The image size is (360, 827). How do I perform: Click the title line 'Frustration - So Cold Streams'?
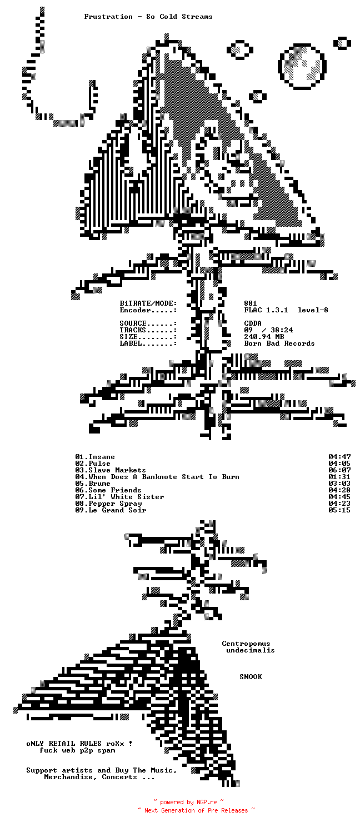click(x=148, y=17)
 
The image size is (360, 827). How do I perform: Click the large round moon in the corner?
click(x=302, y=66)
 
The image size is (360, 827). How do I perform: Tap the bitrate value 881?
click(x=251, y=303)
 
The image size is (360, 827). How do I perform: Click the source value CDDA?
click(x=253, y=323)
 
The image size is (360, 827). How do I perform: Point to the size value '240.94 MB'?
click(x=264, y=337)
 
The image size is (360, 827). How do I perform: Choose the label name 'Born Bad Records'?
click(x=279, y=343)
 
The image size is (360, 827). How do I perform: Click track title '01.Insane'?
click(x=95, y=457)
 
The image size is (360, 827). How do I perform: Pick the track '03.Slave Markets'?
click(x=111, y=470)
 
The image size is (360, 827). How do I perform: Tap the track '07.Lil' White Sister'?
click(x=119, y=497)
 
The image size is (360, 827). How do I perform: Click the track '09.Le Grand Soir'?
click(x=111, y=510)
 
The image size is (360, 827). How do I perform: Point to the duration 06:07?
click(x=339, y=470)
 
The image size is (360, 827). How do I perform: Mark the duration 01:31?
click(x=339, y=477)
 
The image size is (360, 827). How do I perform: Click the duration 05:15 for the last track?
click(x=339, y=510)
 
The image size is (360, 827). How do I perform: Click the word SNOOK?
click(x=251, y=677)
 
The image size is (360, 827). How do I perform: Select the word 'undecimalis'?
click(x=250, y=650)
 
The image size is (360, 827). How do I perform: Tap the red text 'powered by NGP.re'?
click(x=188, y=802)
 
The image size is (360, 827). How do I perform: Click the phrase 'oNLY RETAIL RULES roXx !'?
click(x=79, y=744)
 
